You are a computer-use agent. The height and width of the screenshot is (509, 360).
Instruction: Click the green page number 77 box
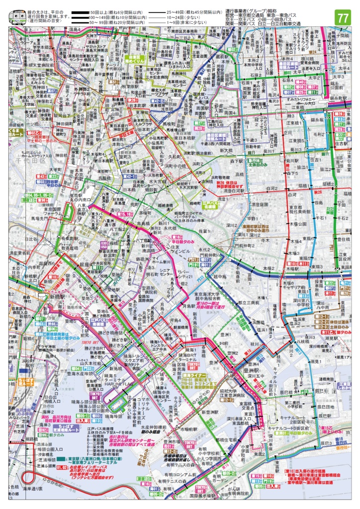[x=343, y=18]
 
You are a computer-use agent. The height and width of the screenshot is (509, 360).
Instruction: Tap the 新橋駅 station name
[x=59, y=297]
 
